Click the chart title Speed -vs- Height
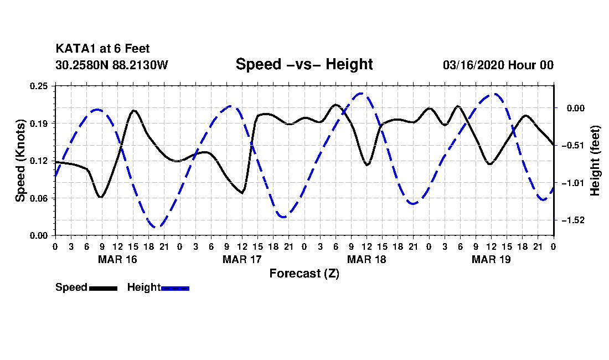[304, 64]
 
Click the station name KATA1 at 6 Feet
[102, 49]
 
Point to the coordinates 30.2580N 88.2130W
[111, 65]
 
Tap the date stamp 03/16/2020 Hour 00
[498, 65]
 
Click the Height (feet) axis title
[595, 161]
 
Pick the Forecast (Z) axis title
[304, 274]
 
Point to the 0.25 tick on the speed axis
[39, 86]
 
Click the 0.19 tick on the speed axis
[39, 124]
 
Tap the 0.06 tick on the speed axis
[39, 198]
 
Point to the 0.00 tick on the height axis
[576, 108]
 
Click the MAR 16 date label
[118, 259]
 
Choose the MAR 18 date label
[367, 259]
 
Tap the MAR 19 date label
[491, 259]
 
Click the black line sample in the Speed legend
[104, 288]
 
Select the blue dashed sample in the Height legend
[175, 288]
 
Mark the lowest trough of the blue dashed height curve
[157, 227]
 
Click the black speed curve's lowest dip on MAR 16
[101, 197]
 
